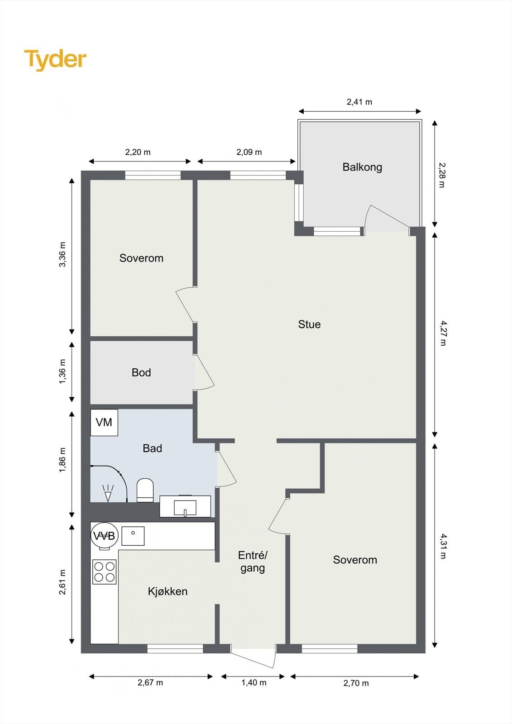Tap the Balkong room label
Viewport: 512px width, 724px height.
click(x=362, y=167)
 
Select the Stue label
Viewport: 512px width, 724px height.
click(x=309, y=324)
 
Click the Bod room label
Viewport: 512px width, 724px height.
click(x=141, y=372)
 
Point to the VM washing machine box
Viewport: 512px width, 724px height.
click(x=104, y=423)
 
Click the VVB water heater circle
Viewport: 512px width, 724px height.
click(x=104, y=536)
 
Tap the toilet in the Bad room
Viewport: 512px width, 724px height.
click(x=145, y=490)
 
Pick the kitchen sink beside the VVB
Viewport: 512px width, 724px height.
click(x=133, y=536)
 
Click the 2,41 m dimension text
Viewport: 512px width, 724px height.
click(x=359, y=102)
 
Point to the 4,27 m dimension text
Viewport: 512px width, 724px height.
click(x=443, y=333)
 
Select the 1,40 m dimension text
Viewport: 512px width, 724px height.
click(x=254, y=683)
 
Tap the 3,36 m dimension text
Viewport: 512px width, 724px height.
click(x=62, y=254)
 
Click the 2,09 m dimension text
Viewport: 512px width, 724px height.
click(x=249, y=152)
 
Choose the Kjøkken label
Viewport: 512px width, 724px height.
click(x=167, y=591)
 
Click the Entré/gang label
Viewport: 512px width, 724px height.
click(x=253, y=562)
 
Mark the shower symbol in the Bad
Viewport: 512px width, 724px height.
click(x=108, y=493)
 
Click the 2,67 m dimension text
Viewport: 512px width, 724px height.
click(x=150, y=683)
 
